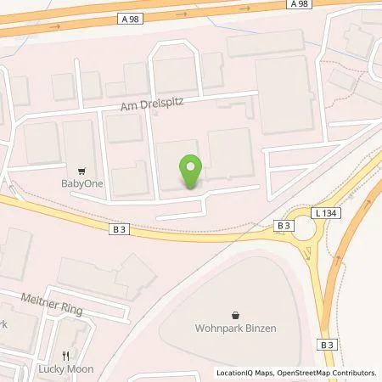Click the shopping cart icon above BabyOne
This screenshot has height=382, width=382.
pos(81,168)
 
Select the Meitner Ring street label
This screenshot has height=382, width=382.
pos(52,303)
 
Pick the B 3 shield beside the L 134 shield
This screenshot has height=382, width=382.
pos(284,225)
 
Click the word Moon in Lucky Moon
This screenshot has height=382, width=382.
pos(80,369)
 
